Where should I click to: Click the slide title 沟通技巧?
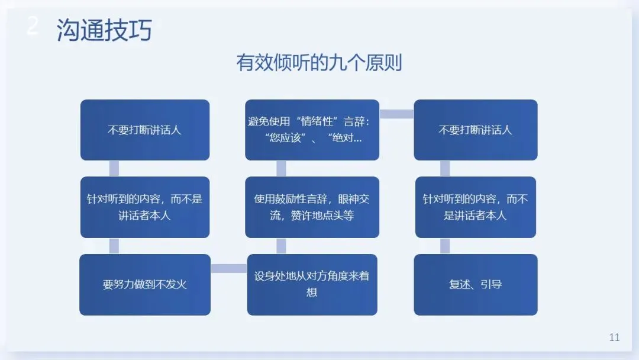(x=104, y=30)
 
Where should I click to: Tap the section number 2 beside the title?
(x=33, y=27)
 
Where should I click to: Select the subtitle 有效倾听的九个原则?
(x=319, y=63)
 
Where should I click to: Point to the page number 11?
(x=614, y=337)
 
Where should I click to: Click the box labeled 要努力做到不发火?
(x=145, y=284)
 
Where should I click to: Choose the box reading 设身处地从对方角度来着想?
(x=312, y=284)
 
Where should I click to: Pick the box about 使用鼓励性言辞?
(x=312, y=207)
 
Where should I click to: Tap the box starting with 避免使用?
(x=312, y=130)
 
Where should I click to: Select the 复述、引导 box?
(x=476, y=284)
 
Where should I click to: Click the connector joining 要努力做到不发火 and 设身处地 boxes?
(x=229, y=269)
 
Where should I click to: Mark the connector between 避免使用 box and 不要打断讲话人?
(x=396, y=114)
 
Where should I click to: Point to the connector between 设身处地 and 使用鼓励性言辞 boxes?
(x=281, y=246)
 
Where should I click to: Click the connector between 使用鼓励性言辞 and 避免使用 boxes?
(x=281, y=168)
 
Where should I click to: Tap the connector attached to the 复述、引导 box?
(x=445, y=246)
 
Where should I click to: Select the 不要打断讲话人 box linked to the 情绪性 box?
(x=476, y=130)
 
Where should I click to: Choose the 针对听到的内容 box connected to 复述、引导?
(x=476, y=207)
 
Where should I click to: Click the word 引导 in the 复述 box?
(x=491, y=284)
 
